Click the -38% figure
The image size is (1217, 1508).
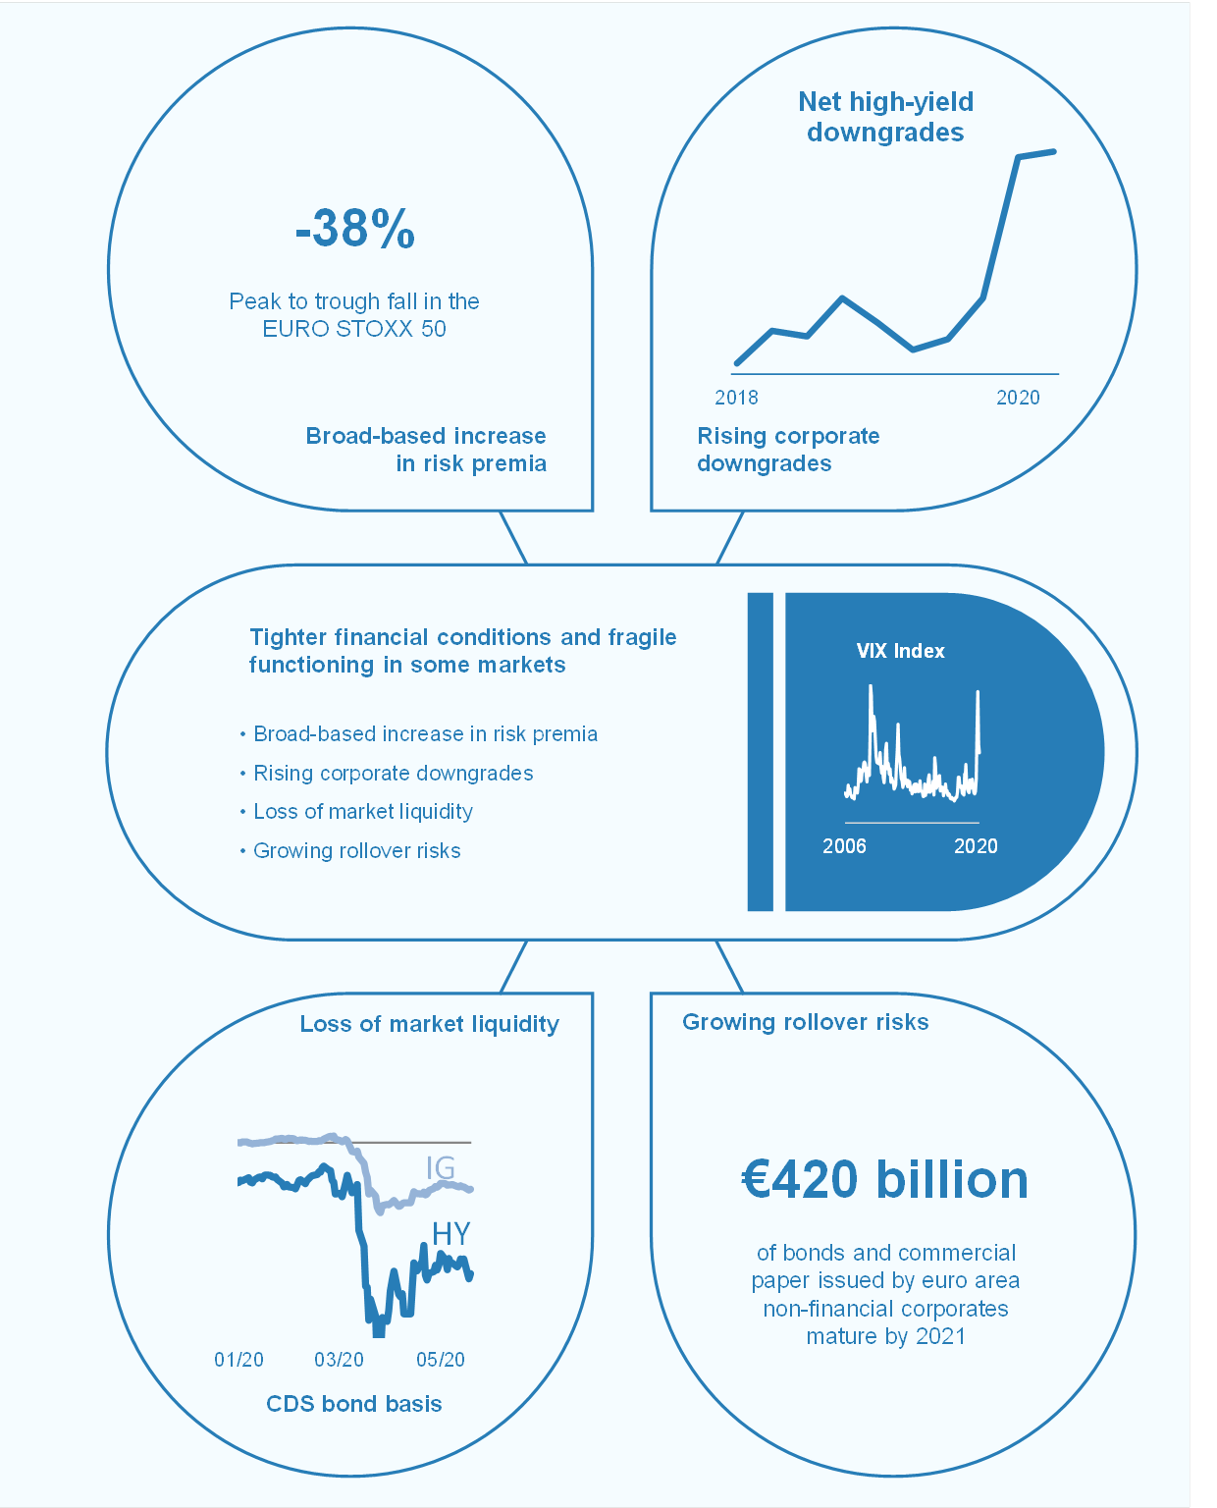[355, 229]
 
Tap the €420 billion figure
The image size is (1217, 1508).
[884, 1179]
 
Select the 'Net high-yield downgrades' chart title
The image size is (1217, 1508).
[885, 117]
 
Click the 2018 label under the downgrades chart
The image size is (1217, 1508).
[736, 398]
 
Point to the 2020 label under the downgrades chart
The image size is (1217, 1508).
[1018, 398]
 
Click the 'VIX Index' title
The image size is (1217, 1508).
[900, 651]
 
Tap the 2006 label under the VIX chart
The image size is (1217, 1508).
[844, 846]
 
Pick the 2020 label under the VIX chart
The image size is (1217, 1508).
[976, 846]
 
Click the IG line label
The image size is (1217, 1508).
[441, 1167]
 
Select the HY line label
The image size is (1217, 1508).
[451, 1233]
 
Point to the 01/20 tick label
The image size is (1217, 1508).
[238, 1360]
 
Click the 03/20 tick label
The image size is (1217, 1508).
[339, 1360]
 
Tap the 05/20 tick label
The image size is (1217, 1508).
[441, 1360]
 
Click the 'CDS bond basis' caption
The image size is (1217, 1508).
[354, 1404]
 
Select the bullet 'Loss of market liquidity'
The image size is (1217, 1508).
[363, 812]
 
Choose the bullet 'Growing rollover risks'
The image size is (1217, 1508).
[357, 851]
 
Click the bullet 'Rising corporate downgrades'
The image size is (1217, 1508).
[394, 774]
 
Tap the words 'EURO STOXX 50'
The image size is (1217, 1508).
[354, 329]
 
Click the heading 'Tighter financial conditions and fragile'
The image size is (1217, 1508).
[463, 637]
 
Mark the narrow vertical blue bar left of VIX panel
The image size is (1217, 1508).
[761, 752]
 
